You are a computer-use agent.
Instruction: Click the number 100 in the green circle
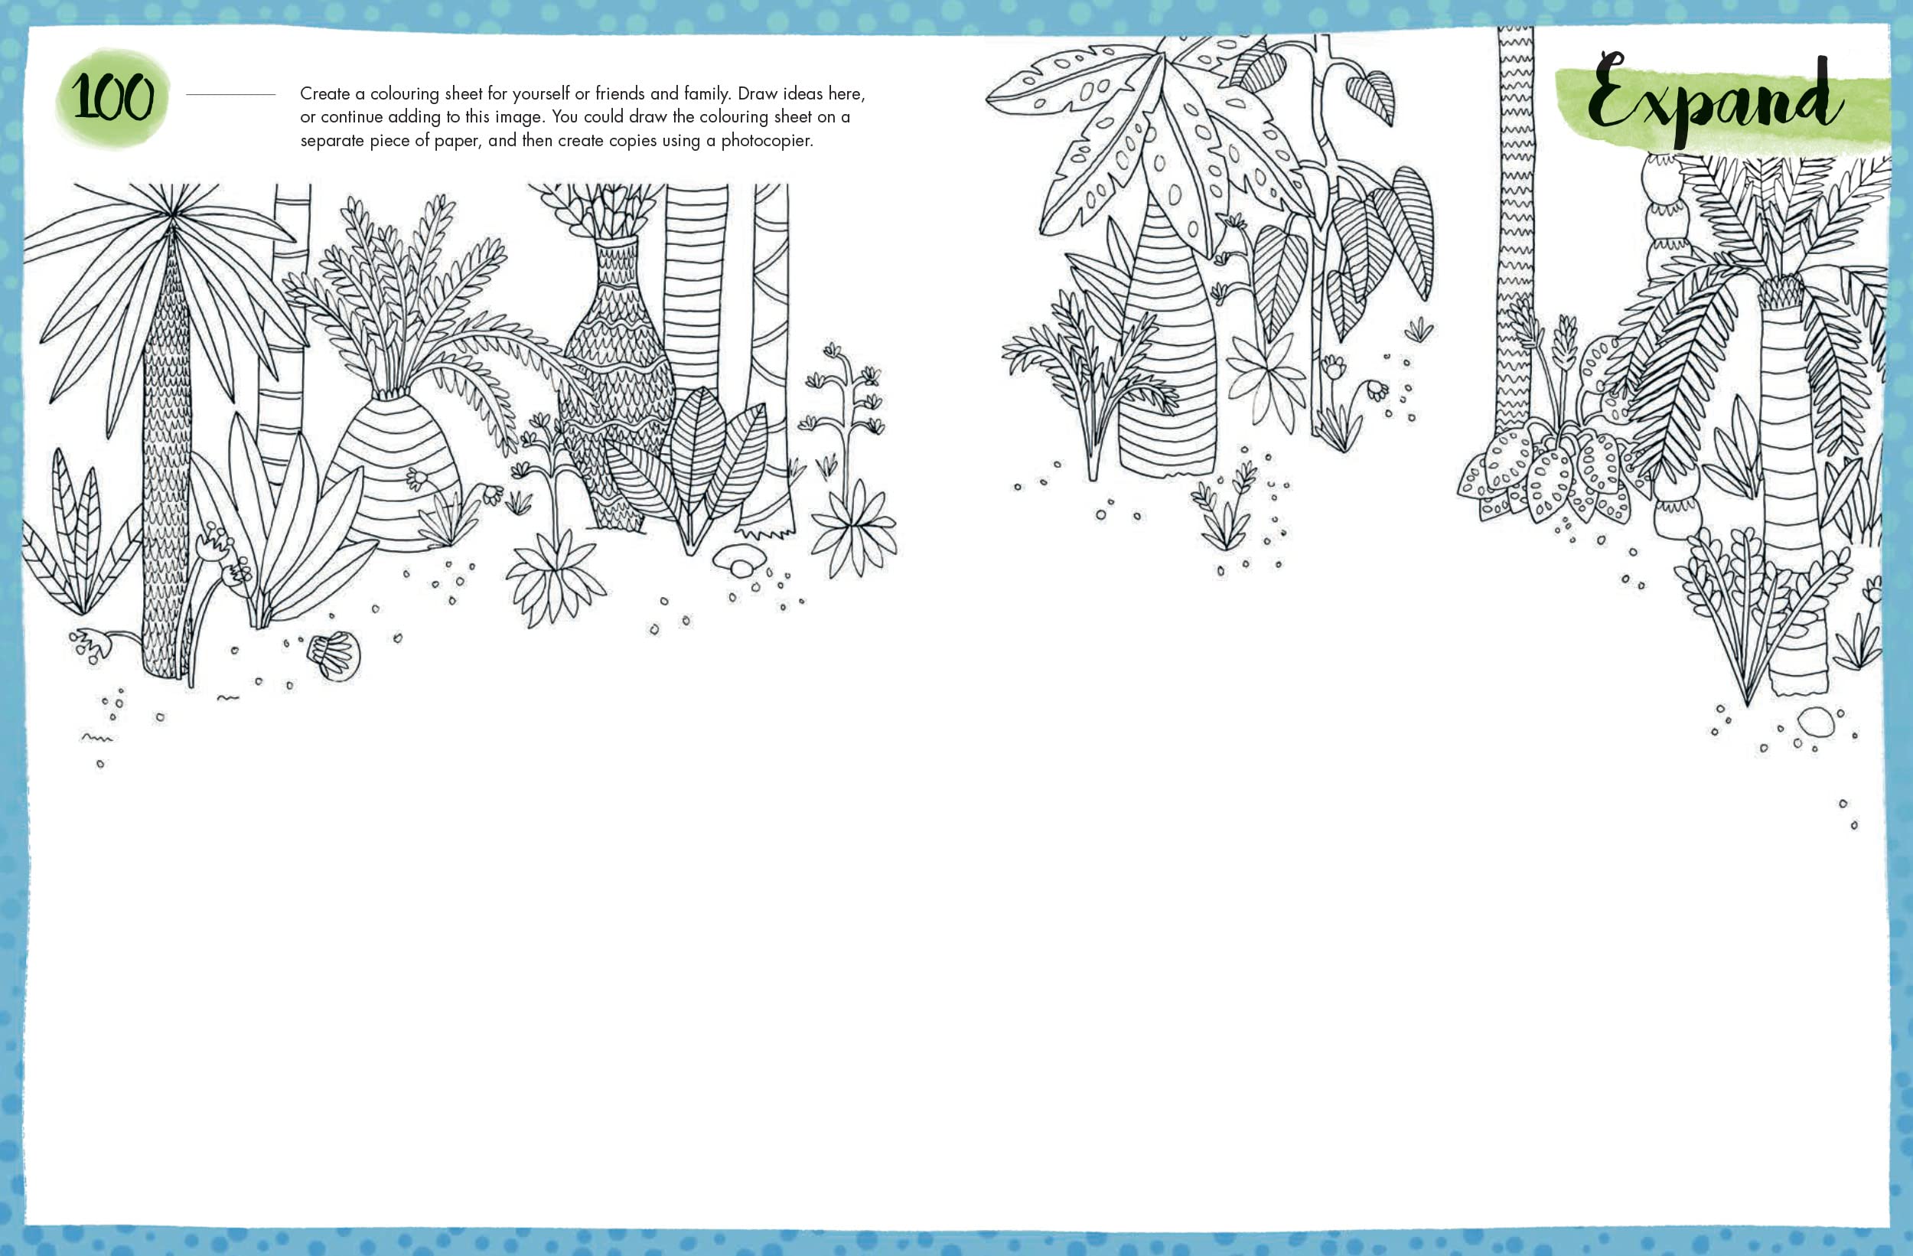coord(112,97)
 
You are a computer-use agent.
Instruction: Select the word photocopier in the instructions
coord(767,141)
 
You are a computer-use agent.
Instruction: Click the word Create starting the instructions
coord(324,93)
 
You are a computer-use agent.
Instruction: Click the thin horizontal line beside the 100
coord(230,95)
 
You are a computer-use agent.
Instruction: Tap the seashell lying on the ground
coord(334,655)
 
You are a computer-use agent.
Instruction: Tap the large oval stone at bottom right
coord(1816,721)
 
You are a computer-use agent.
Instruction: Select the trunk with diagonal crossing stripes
coord(769,354)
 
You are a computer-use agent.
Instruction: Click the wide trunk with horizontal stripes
coord(696,289)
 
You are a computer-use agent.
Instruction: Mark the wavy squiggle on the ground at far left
coord(97,736)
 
